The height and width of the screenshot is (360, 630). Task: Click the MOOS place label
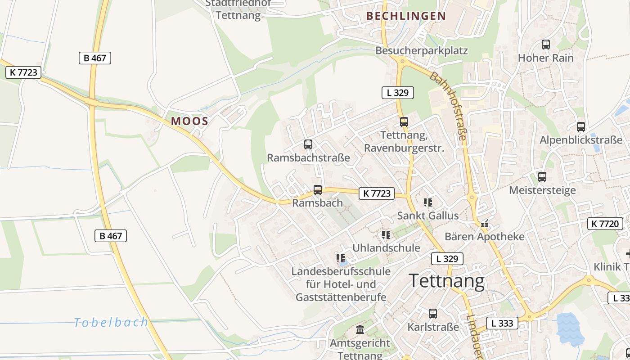(x=189, y=121)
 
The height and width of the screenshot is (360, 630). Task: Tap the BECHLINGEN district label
(x=406, y=16)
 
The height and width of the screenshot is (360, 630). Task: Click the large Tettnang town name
(x=447, y=281)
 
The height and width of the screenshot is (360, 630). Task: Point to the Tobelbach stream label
(x=111, y=322)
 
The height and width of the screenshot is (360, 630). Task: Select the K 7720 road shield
(x=605, y=223)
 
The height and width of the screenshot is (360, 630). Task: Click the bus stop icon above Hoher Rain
(x=546, y=45)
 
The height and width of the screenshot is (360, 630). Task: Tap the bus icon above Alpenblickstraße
(x=581, y=127)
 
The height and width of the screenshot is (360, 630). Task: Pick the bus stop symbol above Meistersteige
(x=542, y=177)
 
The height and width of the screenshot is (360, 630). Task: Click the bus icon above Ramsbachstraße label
(x=308, y=144)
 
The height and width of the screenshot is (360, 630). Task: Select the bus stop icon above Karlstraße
(x=433, y=314)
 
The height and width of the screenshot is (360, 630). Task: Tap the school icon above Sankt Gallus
(x=428, y=202)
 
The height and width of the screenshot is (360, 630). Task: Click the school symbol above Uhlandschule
(x=386, y=235)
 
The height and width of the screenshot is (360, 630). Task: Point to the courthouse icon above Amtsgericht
(x=360, y=330)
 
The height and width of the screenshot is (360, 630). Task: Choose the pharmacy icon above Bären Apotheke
(x=485, y=224)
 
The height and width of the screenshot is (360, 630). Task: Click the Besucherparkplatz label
(x=422, y=50)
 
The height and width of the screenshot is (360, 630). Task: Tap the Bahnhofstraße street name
(x=448, y=106)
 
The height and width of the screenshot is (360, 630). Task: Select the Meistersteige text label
(x=542, y=190)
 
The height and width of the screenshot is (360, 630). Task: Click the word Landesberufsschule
(x=341, y=271)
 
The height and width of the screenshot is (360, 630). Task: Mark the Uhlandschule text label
(x=386, y=248)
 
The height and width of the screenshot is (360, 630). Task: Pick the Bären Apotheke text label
(x=485, y=237)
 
